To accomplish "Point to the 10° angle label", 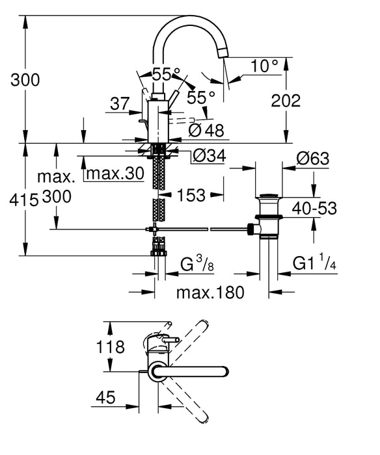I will pos(265,66).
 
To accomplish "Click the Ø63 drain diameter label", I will pos(312,158).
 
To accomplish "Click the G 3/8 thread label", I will pos(196,264).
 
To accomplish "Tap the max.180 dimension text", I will pos(210,292).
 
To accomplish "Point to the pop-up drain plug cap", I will pos(269,195).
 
